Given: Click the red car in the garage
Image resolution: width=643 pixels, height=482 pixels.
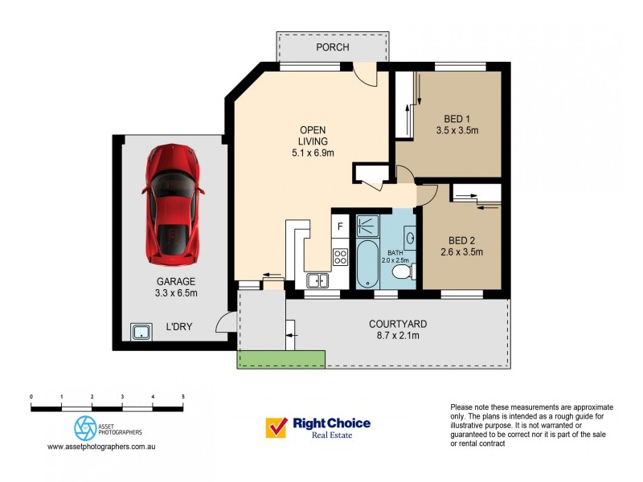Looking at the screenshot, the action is coord(174,204).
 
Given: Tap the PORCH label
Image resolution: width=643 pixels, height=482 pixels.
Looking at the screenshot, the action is coord(333,47).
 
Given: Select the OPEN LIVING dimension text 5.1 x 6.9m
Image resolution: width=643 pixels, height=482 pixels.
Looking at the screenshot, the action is coord(313,153).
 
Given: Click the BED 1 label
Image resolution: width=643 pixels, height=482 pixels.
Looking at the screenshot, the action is coord(457,119).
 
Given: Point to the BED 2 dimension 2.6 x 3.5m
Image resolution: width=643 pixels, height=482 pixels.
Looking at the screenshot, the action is coord(461,252).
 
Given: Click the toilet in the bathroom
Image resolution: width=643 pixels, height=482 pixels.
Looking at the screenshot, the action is coord(403,272).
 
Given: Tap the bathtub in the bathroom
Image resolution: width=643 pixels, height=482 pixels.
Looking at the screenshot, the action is coord(367,264).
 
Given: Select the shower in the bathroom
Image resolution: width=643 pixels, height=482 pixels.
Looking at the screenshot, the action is coord(367,226).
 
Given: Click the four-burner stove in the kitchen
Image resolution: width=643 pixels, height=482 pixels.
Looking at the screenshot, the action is coord(340,257).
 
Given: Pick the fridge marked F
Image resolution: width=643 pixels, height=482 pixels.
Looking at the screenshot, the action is coord(340,227).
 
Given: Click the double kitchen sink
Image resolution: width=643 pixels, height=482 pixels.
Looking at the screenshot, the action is coord(317,280).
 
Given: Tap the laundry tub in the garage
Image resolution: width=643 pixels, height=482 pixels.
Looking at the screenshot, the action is coord(141,332).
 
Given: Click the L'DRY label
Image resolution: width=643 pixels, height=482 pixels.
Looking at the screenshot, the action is coord(178,327).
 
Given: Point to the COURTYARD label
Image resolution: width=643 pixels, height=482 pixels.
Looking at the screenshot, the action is coord(398,325).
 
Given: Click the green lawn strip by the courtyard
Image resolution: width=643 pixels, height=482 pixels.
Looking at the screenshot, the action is coord(281,359).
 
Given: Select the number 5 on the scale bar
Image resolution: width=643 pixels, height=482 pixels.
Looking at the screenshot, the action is coord(183,396).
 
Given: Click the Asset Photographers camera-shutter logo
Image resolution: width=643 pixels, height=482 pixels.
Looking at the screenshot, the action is coord(85,428).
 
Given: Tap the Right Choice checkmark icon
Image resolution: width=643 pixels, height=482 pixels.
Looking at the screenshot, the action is coord(276,427).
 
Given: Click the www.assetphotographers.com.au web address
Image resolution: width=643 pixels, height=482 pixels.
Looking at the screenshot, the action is coord(101,447).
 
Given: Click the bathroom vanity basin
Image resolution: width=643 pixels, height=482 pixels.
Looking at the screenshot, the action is coord(410,238).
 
